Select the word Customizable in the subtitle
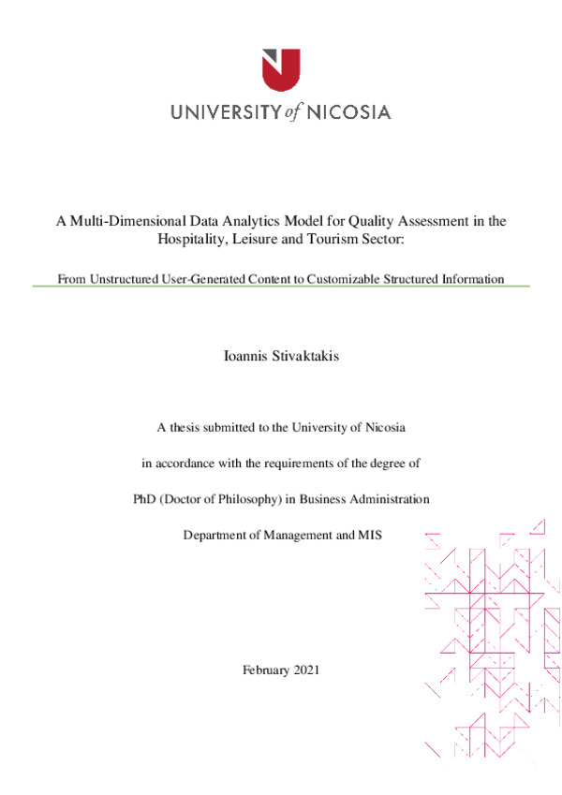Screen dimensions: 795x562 click(344, 278)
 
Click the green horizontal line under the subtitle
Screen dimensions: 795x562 click(281, 287)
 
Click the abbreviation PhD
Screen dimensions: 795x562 click(146, 499)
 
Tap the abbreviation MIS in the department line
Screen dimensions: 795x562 click(368, 535)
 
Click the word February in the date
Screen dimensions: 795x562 click(265, 670)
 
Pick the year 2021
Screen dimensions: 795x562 click(306, 670)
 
